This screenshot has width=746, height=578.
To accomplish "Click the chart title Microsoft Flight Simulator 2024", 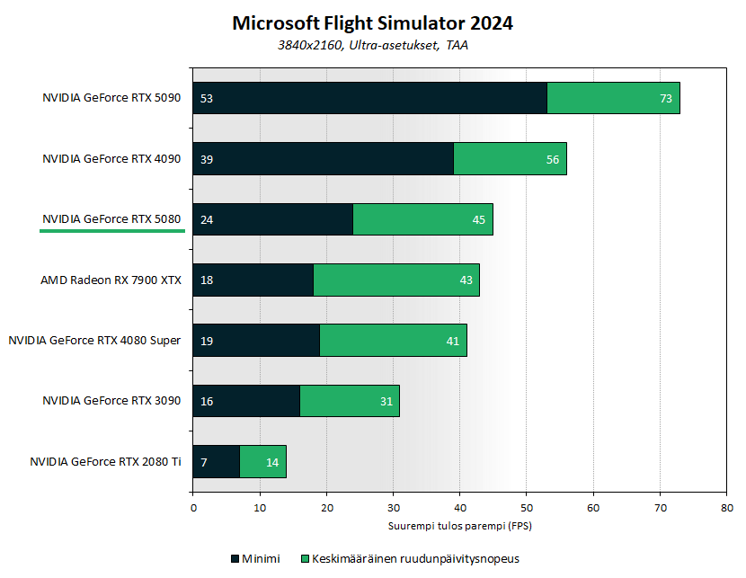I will tap(372, 23).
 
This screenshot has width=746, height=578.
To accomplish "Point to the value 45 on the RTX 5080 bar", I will tap(477, 219).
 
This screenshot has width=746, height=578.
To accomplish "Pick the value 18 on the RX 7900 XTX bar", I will tap(207, 280).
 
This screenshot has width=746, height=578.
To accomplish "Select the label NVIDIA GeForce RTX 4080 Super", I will tap(94, 341).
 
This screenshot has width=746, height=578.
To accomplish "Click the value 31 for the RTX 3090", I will tap(386, 401).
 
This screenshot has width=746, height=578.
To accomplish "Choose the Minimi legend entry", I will tap(255, 558).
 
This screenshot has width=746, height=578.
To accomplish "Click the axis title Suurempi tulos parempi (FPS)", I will tap(459, 525).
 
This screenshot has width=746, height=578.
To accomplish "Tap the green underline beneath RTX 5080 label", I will tap(111, 231).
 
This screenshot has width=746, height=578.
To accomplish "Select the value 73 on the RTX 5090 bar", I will tap(666, 99).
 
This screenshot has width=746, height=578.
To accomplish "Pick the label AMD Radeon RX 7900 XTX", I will tap(111, 280).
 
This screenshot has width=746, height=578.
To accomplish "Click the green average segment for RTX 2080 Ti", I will tap(263, 462).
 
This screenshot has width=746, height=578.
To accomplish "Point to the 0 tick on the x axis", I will tap(193, 509).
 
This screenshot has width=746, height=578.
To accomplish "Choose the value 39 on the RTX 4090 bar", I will tap(207, 159).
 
